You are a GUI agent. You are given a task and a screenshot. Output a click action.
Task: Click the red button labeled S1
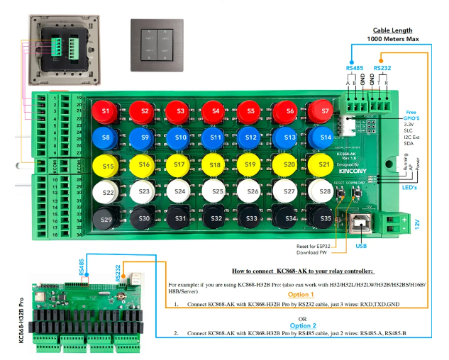106,111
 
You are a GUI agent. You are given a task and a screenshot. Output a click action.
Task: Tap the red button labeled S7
325,111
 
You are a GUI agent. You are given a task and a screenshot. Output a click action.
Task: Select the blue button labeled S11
216,137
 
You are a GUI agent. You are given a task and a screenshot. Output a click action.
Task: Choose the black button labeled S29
106,220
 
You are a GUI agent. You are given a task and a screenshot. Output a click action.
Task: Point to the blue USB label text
362,246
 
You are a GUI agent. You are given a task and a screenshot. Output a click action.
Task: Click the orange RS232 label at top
382,68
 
